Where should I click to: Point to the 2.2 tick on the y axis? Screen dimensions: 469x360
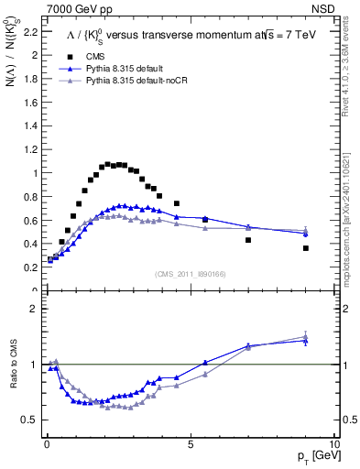pos(31,31)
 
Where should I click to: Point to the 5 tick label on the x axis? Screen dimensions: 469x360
pos(191,444)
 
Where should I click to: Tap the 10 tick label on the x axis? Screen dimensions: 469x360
pos(333,444)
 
